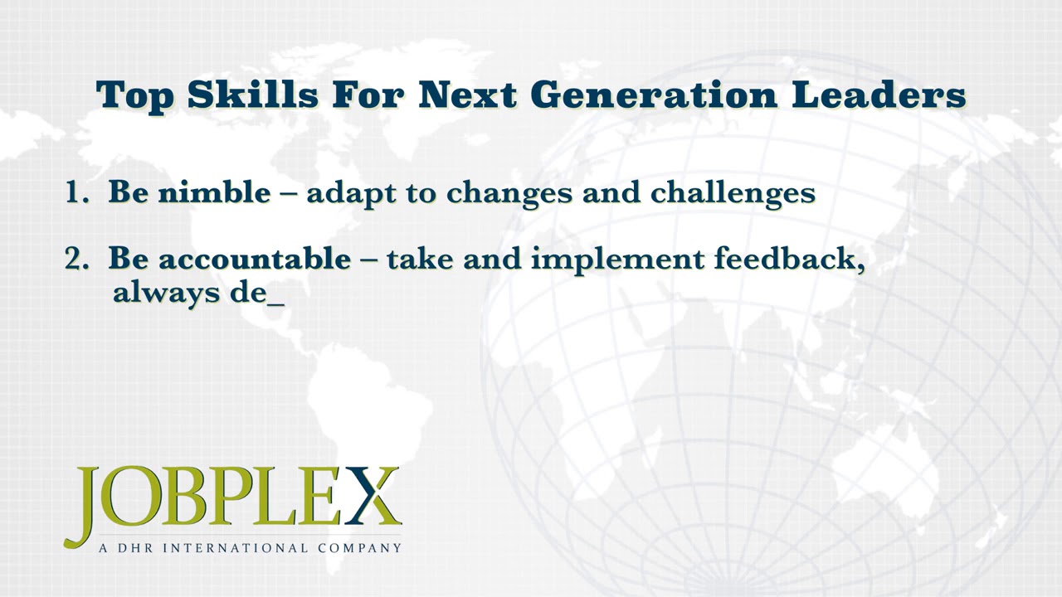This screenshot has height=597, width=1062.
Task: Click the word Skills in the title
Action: click(x=253, y=95)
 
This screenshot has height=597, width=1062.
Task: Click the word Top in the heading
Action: click(x=134, y=97)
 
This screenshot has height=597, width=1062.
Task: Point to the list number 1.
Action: click(x=77, y=192)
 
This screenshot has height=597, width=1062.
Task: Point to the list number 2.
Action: click(x=77, y=259)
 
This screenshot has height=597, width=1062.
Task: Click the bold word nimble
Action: click(x=214, y=192)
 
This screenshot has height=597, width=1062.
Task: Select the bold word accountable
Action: click(x=255, y=259)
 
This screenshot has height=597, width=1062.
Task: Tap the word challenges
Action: click(x=733, y=194)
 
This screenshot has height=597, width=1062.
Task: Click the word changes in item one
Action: click(x=509, y=194)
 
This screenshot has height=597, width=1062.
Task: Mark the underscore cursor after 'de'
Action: click(x=276, y=304)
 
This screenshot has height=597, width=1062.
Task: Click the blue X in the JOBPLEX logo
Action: click(x=373, y=496)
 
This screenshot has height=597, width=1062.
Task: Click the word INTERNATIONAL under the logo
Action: click(x=236, y=548)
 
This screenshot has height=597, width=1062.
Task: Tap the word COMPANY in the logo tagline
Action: click(x=360, y=548)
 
